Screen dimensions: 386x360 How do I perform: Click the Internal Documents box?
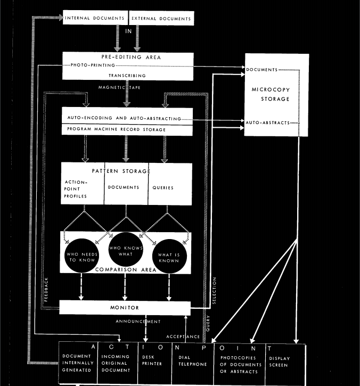[95, 19]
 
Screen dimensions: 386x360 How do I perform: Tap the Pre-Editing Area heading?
[127, 56]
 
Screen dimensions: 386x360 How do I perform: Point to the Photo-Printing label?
[93, 65]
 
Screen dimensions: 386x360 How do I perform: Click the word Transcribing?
[127, 76]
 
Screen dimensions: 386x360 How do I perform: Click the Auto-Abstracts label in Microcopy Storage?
[268, 122]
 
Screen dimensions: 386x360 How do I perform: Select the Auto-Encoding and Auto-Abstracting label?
[127, 117]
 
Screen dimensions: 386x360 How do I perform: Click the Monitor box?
[125, 308]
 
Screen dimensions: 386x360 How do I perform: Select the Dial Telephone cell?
[192, 361]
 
